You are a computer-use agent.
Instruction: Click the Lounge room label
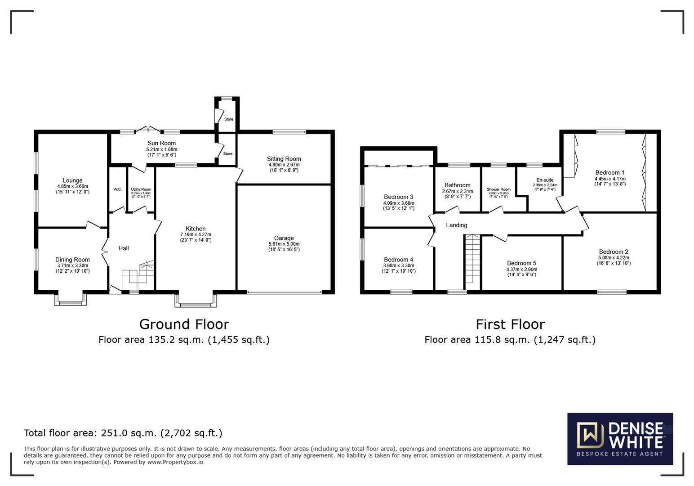point(72,180)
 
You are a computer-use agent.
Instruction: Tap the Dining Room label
point(72,260)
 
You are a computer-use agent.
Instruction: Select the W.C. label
point(117,189)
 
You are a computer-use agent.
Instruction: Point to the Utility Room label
point(141,190)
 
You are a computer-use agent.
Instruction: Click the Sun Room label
point(161,143)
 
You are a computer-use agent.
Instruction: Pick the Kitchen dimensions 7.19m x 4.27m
point(196,234)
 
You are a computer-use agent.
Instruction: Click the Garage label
point(284,238)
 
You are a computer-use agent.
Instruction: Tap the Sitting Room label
point(284,159)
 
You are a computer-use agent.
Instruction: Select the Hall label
point(124,248)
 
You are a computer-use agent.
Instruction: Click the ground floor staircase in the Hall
point(138,274)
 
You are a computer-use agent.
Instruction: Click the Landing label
point(456,225)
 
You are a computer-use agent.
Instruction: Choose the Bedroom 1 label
point(609,172)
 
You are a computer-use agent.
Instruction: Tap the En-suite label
point(545,180)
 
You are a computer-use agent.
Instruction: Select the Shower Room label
point(498,189)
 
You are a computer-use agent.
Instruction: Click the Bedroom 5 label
point(521,263)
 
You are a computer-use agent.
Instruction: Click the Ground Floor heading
point(184,324)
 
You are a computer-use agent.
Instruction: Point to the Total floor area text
point(123,433)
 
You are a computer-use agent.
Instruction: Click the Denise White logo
point(620,439)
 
